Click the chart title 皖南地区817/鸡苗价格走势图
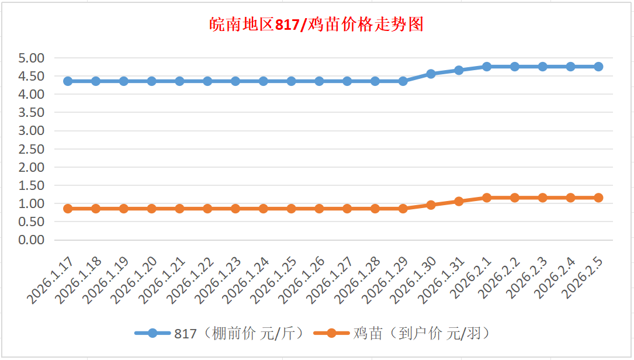click(x=316, y=25)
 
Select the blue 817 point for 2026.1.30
click(x=431, y=74)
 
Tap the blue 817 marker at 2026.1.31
click(x=459, y=70)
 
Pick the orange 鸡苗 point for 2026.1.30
click(x=431, y=205)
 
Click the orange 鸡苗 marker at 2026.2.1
click(x=487, y=198)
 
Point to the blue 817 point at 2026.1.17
click(x=68, y=81)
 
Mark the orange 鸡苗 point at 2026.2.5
click(x=598, y=198)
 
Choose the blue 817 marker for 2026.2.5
click(x=598, y=67)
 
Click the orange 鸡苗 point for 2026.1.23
click(x=235, y=209)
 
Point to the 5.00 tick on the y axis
click(x=32, y=58)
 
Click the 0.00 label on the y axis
click(x=32, y=240)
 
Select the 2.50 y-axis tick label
click(x=32, y=149)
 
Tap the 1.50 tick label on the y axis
click(x=32, y=185)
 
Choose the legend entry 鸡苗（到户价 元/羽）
click(x=421, y=334)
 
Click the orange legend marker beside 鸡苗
click(x=331, y=334)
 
